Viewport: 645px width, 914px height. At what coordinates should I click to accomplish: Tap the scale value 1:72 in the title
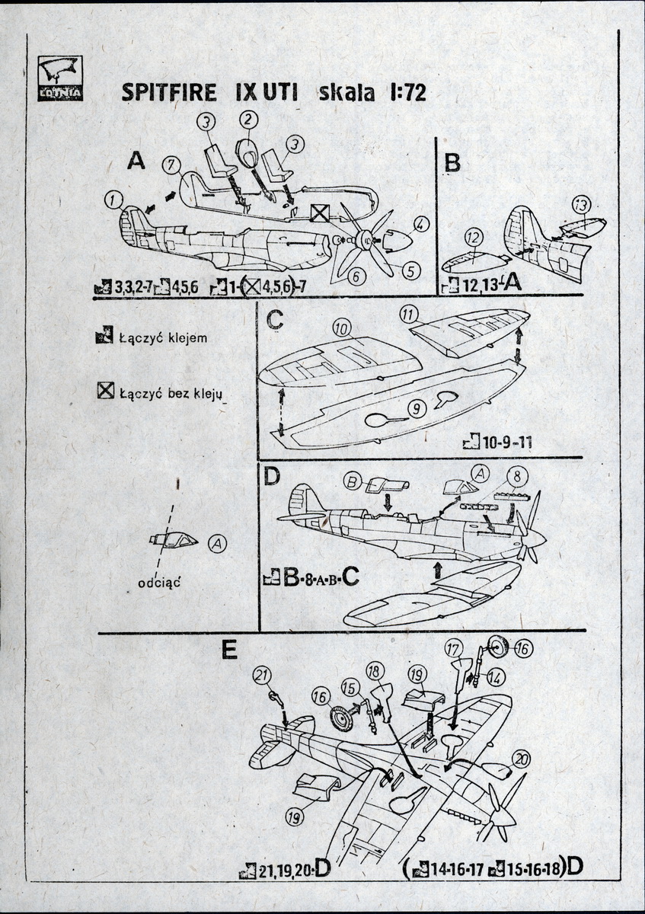[x=402, y=93]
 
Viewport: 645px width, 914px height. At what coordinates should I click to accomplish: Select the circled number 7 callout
[x=170, y=163]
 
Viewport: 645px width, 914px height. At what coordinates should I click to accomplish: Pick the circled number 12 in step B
[x=472, y=236]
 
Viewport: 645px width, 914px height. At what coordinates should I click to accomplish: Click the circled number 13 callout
[x=581, y=205]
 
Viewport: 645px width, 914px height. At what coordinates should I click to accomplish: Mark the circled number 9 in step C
[x=416, y=409]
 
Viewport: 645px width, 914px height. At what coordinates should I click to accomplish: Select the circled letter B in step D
[x=353, y=481]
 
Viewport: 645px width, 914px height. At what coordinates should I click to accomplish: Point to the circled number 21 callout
[x=262, y=675]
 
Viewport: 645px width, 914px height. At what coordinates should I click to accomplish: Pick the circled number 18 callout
[x=374, y=671]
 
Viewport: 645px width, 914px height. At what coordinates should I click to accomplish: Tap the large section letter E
[x=228, y=651]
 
